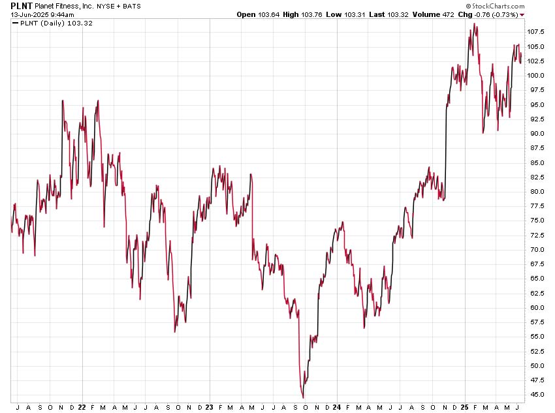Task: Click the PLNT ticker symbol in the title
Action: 22,5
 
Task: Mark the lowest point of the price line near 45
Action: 303,397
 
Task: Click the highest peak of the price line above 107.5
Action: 475,24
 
